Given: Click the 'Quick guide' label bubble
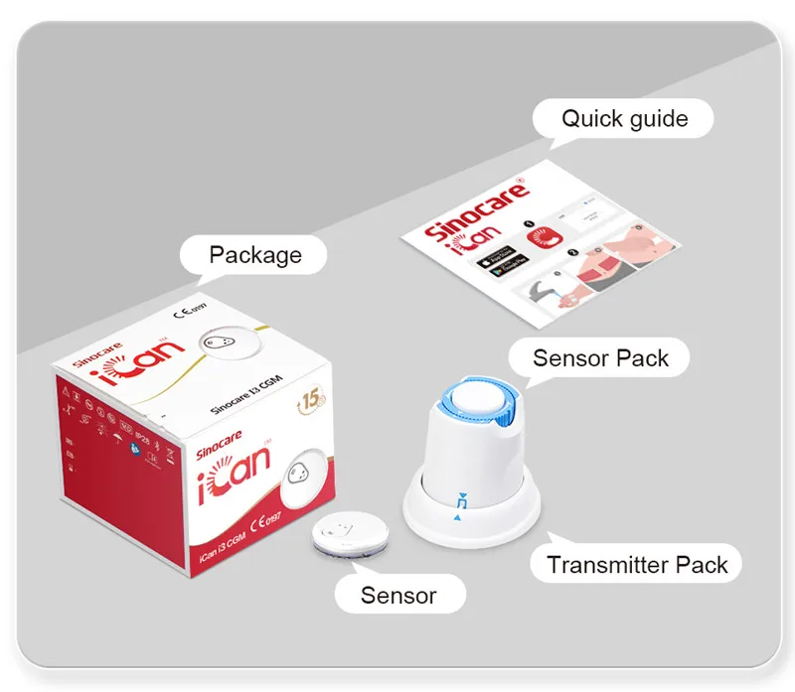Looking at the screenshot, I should (624, 119).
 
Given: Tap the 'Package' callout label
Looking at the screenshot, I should (254, 255).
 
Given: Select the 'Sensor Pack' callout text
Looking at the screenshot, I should (600, 357).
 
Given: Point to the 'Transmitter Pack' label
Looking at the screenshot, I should (637, 565).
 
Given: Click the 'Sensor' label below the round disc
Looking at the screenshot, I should (397, 595).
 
